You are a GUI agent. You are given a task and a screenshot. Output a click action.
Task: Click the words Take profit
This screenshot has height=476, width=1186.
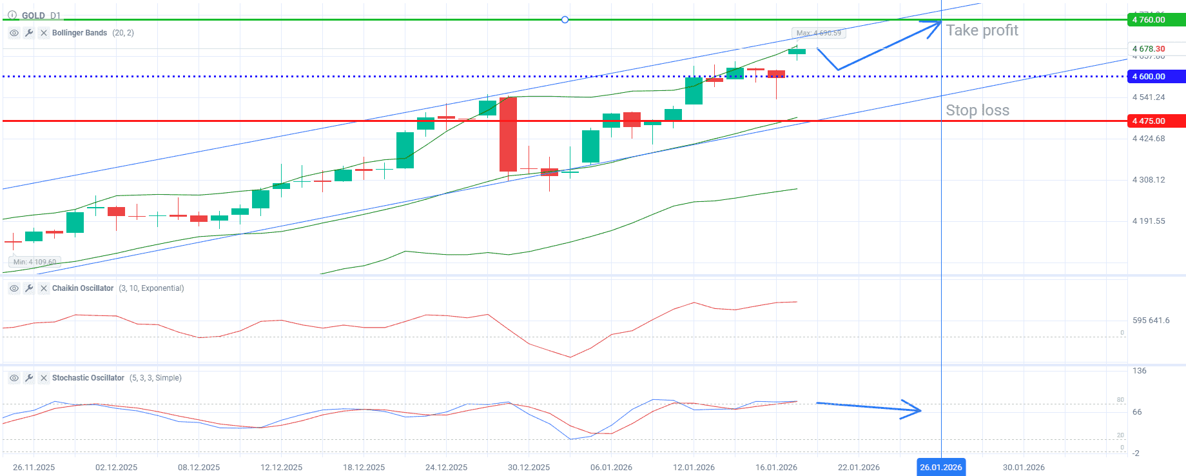click(x=982, y=30)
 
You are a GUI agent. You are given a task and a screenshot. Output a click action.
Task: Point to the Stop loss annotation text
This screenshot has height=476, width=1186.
click(x=977, y=110)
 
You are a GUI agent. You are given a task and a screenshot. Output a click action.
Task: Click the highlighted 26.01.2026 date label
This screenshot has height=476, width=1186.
click(x=940, y=467)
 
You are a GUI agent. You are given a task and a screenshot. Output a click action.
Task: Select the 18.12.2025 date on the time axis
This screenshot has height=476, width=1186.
click(x=364, y=467)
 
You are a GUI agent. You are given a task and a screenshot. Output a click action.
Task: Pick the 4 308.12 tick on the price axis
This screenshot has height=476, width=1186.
click(x=1149, y=180)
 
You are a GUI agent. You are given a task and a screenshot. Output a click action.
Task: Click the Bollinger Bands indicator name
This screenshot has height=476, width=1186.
click(x=79, y=33)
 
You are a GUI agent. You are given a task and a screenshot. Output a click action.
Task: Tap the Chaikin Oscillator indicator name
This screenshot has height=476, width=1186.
click(x=83, y=288)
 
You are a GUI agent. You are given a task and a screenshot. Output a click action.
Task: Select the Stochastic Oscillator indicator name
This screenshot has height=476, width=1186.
click(x=88, y=378)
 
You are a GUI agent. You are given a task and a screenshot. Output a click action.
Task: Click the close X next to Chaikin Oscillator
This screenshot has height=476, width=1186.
click(x=44, y=288)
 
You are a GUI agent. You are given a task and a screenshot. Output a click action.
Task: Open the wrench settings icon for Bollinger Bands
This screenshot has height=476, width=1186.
click(x=29, y=33)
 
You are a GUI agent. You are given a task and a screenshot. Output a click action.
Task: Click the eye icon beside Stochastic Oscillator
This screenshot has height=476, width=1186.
click(x=14, y=378)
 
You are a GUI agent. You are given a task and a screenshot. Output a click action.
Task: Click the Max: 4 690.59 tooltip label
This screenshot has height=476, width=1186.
click(x=818, y=33)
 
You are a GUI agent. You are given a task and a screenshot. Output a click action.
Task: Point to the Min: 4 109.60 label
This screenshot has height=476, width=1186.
click(x=35, y=262)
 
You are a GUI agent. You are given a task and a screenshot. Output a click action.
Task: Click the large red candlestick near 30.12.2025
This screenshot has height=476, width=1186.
click(x=508, y=134)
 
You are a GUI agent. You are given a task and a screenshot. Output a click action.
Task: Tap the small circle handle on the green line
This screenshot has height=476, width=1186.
click(x=565, y=20)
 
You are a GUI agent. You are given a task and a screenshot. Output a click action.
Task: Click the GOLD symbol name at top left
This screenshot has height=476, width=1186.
click(x=34, y=15)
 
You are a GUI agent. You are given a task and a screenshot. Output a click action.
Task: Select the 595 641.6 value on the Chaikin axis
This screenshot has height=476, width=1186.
click(x=1151, y=321)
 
